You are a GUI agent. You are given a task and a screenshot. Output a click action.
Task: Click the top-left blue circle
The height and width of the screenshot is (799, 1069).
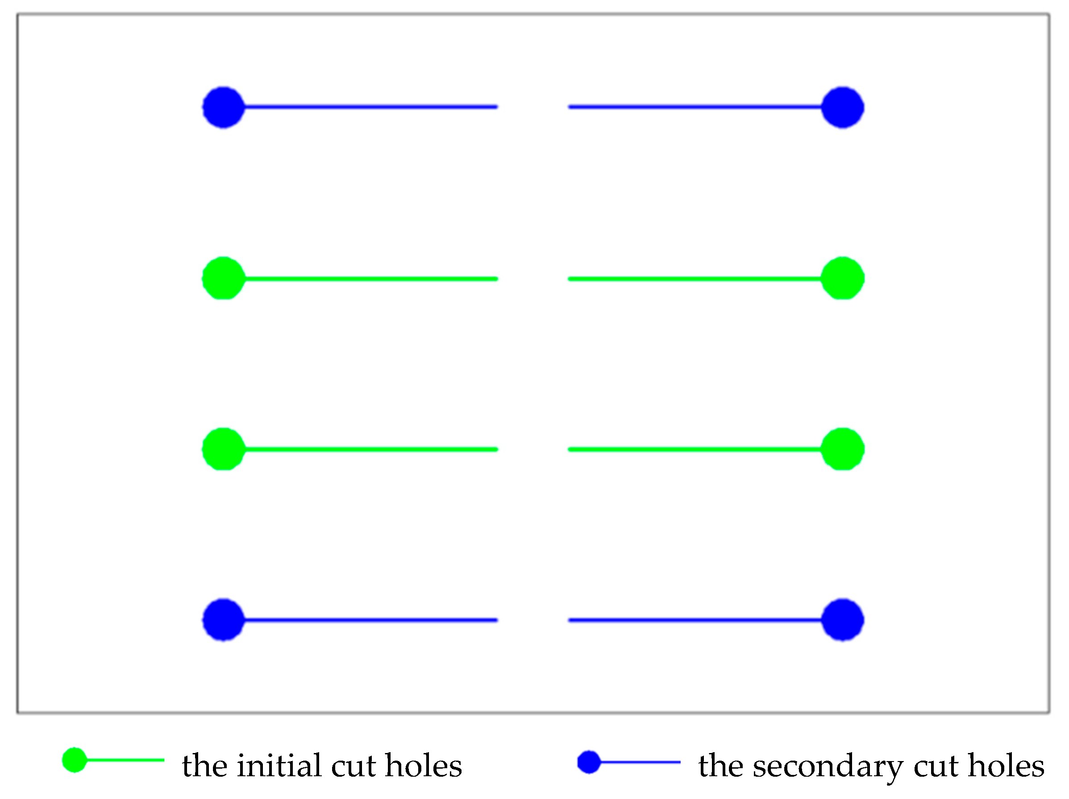tap(223, 107)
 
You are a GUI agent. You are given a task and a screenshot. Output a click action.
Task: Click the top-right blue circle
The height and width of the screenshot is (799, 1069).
tap(842, 107)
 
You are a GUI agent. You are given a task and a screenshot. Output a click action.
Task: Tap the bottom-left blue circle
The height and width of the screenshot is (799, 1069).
tap(223, 620)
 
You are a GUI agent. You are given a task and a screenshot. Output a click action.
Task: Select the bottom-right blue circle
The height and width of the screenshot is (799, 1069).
tap(842, 620)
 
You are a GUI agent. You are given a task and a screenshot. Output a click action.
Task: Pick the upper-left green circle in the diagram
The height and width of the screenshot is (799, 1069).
tap(223, 279)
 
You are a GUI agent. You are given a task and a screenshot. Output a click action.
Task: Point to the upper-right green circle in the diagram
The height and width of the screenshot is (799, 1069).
tap(842, 279)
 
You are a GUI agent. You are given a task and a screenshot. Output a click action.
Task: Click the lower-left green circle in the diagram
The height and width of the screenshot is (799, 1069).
tap(223, 449)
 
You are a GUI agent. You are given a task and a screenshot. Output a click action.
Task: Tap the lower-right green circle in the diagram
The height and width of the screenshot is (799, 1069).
tap(842, 449)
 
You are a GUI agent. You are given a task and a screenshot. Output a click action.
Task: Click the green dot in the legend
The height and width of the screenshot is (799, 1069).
tap(75, 760)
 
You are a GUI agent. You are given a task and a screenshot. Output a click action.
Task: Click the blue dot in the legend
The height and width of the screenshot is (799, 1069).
tap(589, 762)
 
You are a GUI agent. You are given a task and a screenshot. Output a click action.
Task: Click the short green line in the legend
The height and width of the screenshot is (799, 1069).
tap(126, 760)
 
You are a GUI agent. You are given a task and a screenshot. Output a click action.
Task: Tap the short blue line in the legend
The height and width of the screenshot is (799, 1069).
tap(641, 762)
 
